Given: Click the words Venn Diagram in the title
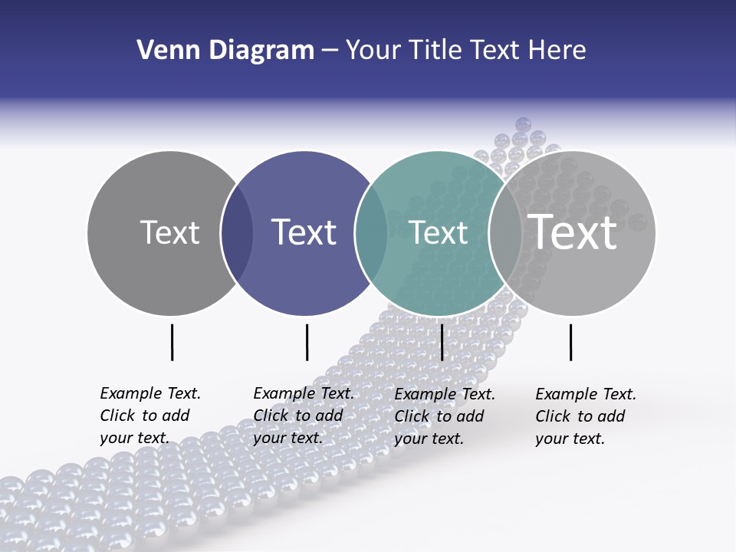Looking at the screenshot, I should coord(225,51).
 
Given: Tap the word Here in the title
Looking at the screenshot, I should coord(557,51).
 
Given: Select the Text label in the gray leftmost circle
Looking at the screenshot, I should coord(169,232).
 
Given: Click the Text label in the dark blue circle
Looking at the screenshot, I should coord(304,232).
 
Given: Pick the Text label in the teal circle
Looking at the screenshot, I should coord(439,232).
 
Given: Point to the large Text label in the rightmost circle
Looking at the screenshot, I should coord(573,232).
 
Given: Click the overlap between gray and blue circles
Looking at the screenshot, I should coord(237,233).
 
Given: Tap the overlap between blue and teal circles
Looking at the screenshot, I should coord(371,233).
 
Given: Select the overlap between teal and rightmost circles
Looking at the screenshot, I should coord(504,233).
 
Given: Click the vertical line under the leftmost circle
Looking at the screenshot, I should coord(172,342).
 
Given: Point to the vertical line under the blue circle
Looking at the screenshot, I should coord(307,342).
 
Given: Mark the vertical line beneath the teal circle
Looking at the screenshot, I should coord(442,342).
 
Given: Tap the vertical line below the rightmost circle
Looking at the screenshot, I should coord(571,342).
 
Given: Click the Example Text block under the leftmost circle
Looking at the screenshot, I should coord(150,416).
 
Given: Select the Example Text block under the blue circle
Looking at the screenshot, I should coord(304,416).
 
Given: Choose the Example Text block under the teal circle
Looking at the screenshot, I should coord(445,416).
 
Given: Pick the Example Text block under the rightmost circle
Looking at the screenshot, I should coord(586,416).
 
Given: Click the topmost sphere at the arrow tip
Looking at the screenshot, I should coord(524,124).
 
